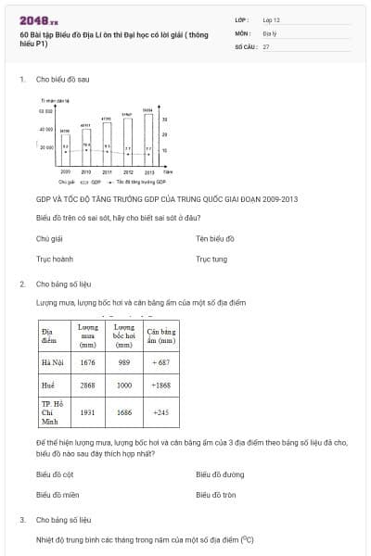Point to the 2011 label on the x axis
coord(107,172)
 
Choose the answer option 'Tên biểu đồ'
coord(215,239)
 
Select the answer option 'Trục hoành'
coord(55,259)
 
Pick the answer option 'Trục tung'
coord(211,259)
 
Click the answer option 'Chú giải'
coord(49,239)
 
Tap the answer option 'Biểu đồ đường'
coord(220,474)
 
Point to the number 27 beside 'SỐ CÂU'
coord(266,46)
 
